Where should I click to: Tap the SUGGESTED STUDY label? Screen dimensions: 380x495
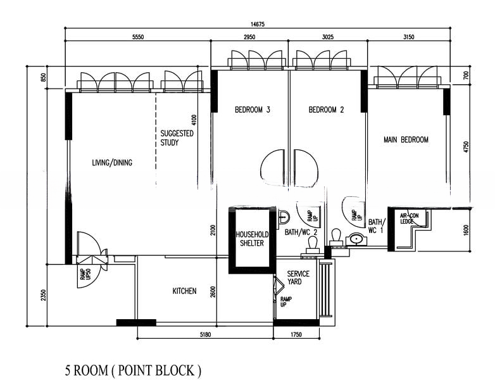click(x=177, y=138)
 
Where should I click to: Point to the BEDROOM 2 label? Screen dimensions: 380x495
click(x=326, y=110)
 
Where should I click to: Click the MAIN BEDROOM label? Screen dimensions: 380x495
click(x=406, y=139)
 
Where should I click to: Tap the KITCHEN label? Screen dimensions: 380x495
click(x=184, y=291)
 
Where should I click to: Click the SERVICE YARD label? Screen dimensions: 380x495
click(x=298, y=278)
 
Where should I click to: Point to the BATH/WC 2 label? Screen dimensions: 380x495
click(x=301, y=232)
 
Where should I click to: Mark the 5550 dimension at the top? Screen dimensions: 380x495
click(x=138, y=37)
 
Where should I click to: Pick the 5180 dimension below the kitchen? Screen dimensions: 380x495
click(x=204, y=334)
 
